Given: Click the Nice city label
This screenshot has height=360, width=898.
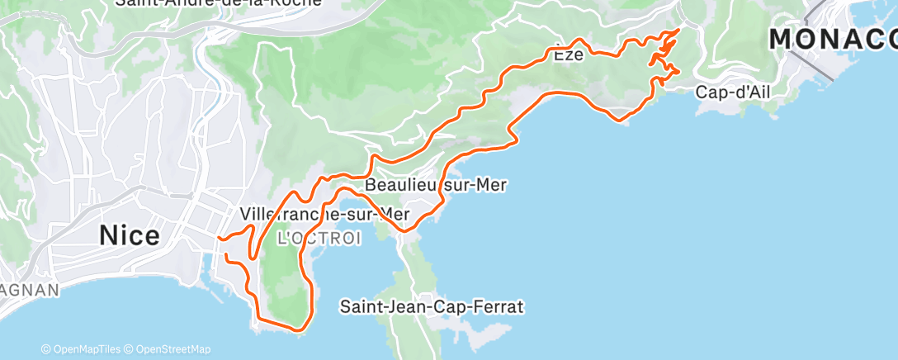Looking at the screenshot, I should pyautogui.click(x=130, y=236).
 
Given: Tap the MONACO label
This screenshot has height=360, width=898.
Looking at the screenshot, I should pyautogui.click(x=834, y=39).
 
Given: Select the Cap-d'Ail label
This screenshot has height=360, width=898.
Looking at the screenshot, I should pyautogui.click(x=732, y=92).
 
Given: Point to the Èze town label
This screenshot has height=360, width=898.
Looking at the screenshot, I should pyautogui.click(x=568, y=55).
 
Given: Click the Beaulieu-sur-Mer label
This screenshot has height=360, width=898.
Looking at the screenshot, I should pyautogui.click(x=435, y=185).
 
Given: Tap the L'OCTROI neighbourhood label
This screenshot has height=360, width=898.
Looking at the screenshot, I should pyautogui.click(x=319, y=239).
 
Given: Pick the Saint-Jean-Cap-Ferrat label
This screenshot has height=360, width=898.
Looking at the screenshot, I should pyautogui.click(x=432, y=307).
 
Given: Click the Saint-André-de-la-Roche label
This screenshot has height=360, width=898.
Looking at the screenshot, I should pyautogui.click(x=219, y=2).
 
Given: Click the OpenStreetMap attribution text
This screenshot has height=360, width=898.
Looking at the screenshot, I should pyautogui.click(x=173, y=349).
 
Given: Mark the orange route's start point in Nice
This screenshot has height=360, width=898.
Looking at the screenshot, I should pyautogui.click(x=219, y=239).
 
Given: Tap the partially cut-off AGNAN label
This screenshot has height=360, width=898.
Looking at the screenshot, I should pyautogui.click(x=30, y=290).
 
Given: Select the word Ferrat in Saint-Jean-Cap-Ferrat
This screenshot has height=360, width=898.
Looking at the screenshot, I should pyautogui.click(x=500, y=307).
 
